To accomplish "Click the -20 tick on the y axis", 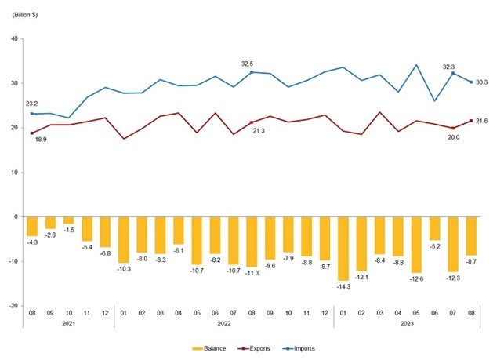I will click(13, 306).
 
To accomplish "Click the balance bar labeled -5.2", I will click(435, 228).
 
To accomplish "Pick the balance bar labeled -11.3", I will click(252, 242).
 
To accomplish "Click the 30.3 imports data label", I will click(480, 82).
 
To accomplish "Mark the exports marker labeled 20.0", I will click(454, 128).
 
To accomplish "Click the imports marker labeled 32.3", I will click(454, 73).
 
